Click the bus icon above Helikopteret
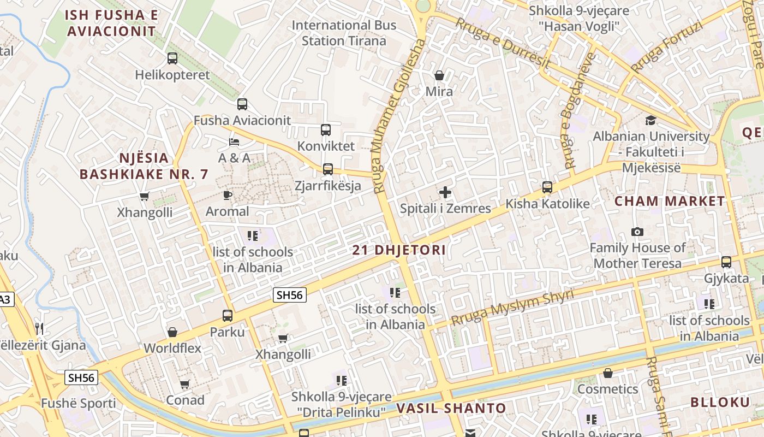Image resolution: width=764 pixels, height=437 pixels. pos(172,58)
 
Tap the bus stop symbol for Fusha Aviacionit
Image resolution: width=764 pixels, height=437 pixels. pos(242,104)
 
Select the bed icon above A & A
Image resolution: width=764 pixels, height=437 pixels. pos(234,142)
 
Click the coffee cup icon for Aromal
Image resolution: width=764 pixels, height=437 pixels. pos(228,195)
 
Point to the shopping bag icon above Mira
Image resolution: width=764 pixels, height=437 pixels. pos(439,75)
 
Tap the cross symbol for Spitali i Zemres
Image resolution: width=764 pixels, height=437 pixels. pos(445,192)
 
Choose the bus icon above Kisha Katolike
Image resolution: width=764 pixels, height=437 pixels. pos(547,187)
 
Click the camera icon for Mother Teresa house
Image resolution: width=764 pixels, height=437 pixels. pos(637,232)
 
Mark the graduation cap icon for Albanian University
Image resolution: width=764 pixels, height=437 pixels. pos(650,120)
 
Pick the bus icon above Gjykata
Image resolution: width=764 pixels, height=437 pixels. pos(726,262)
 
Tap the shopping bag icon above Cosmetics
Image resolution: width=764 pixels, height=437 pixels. pos(607,373)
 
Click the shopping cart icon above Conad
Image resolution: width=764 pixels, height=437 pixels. pos(185,384)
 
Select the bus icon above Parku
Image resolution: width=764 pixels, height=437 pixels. pos(228,315)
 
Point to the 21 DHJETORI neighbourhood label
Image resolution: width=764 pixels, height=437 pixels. pos(399,250)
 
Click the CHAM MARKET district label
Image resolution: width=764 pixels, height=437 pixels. pos(670,201)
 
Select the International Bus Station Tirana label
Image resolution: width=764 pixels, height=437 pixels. pos(344,33)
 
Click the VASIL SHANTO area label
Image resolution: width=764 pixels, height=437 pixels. pos(451,408)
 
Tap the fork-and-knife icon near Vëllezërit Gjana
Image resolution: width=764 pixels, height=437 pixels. pos(39,328)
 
